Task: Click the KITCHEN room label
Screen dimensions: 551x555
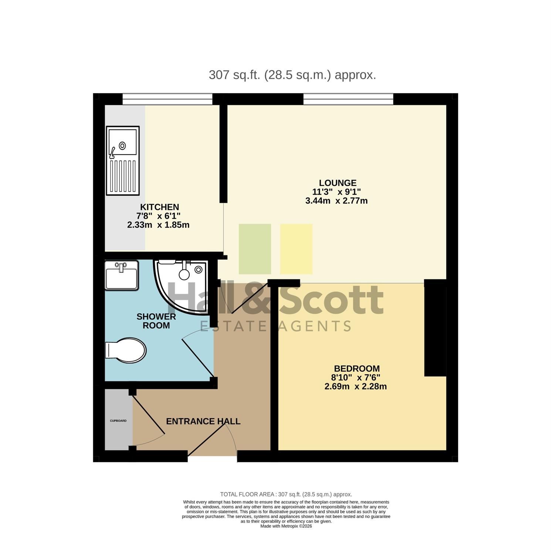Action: pyautogui.click(x=159, y=207)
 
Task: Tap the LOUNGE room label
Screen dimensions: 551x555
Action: pyautogui.click(x=338, y=183)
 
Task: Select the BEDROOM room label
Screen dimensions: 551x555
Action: pyautogui.click(x=356, y=369)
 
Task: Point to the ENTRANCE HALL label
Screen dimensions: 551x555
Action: pyautogui.click(x=203, y=421)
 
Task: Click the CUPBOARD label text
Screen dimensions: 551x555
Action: pyautogui.click(x=118, y=421)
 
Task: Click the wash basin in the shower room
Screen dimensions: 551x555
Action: pyautogui.click(x=122, y=275)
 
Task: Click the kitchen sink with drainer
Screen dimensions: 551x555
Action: pyautogui.click(x=123, y=161)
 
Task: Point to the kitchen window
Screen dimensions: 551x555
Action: pyautogui.click(x=168, y=99)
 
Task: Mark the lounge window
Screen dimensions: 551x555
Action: pyautogui.click(x=348, y=99)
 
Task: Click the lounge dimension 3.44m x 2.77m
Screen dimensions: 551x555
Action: pyautogui.click(x=336, y=201)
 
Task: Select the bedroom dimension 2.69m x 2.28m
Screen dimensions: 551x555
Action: pyautogui.click(x=356, y=387)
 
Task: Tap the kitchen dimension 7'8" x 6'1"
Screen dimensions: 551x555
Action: pyautogui.click(x=158, y=216)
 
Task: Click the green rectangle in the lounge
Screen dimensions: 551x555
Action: pyautogui.click(x=255, y=249)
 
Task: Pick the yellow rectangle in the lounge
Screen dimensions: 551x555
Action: pyautogui.click(x=296, y=249)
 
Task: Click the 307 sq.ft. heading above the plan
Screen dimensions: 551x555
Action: pyautogui.click(x=293, y=75)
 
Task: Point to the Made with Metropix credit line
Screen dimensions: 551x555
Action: pyautogui.click(x=286, y=526)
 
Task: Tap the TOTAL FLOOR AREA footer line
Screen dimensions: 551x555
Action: pyautogui.click(x=286, y=494)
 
